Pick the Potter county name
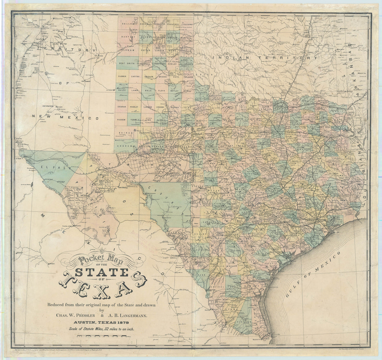pos(145,50)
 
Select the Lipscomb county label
pos(187,24)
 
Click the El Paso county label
pos(53,167)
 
